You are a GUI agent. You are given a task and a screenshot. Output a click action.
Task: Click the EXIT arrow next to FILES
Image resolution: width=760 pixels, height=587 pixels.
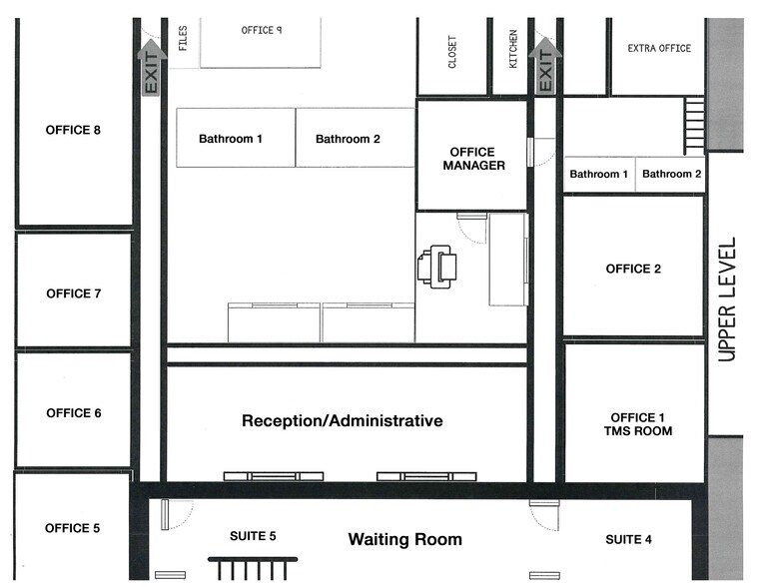pos(152,67)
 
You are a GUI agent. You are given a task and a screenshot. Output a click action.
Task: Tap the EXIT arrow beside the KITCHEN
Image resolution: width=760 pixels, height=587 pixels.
pos(545,65)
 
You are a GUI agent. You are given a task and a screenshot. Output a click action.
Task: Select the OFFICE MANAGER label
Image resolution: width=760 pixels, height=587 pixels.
pos(473,159)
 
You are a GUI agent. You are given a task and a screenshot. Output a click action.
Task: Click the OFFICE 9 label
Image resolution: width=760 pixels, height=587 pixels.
pos(262,31)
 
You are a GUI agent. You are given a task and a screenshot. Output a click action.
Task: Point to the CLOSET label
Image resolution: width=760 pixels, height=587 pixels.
pos(452,52)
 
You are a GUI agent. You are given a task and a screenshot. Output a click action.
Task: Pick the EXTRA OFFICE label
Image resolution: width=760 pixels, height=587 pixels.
pos(659,49)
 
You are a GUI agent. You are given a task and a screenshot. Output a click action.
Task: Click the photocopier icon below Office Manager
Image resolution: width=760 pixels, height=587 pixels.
pos(436,267)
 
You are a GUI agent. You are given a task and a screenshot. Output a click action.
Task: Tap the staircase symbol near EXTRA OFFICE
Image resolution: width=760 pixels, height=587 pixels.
pos(694,126)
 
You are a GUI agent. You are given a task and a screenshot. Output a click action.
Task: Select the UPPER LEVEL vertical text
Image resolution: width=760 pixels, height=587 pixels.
pos(727,299)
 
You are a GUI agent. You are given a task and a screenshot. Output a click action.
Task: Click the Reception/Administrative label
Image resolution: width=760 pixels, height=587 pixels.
pos(343,421)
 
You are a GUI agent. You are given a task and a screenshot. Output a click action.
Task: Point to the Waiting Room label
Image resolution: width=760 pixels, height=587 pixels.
pos(405,539)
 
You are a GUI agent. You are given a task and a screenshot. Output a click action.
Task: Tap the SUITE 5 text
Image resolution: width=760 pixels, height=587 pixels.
pos(253,536)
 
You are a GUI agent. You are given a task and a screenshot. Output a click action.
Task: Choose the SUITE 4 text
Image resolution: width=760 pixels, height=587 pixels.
pos(628,539)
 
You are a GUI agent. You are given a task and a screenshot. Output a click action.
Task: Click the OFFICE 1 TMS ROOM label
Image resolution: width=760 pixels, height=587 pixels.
pos(638,424)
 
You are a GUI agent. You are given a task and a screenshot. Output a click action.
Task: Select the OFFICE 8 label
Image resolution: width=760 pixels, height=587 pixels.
pos(73,130)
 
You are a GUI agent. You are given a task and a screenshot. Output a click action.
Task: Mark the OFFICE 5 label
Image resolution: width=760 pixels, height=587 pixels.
pos(73,528)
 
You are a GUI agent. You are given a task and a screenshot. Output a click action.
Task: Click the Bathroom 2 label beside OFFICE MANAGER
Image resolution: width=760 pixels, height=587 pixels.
pos(348,139)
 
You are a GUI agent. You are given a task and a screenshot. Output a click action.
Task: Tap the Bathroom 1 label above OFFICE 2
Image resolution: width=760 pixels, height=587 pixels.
pos(598,174)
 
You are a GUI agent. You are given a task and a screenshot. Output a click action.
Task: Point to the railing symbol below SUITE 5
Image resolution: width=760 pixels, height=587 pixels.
pos(253,569)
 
